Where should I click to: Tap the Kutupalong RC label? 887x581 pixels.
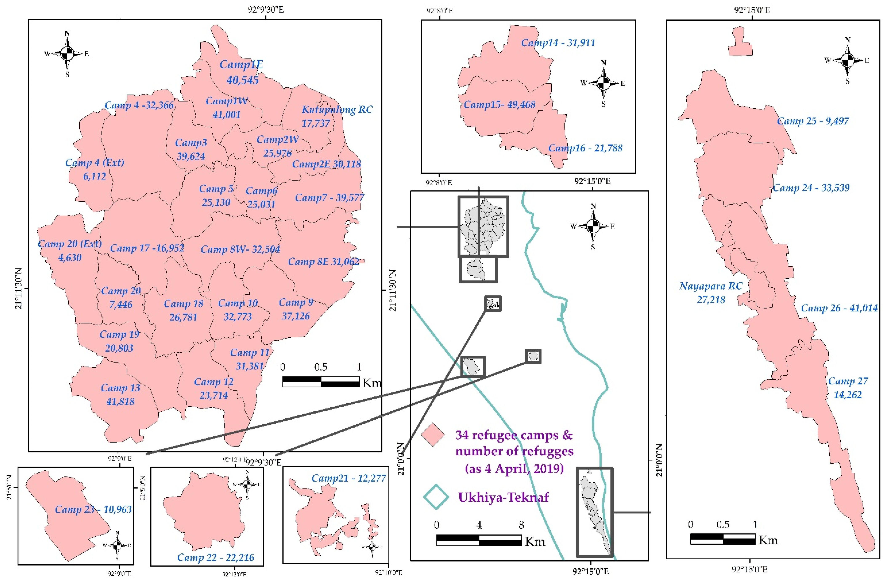337,109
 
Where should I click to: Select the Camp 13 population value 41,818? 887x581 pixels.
120,402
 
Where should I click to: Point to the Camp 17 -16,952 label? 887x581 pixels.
147,248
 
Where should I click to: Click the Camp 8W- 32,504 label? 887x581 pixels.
240,249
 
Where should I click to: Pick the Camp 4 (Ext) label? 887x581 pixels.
95,163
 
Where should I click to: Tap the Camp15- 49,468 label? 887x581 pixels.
499,105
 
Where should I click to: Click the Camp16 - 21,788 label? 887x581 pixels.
585,148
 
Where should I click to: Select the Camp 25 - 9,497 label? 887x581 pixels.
813,121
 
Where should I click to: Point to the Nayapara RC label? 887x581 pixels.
711,286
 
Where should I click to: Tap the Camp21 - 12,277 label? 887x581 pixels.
348,478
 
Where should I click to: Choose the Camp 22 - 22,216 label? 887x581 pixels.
215,557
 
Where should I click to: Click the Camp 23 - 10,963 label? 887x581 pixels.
93,509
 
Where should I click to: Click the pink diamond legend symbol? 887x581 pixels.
433,435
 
